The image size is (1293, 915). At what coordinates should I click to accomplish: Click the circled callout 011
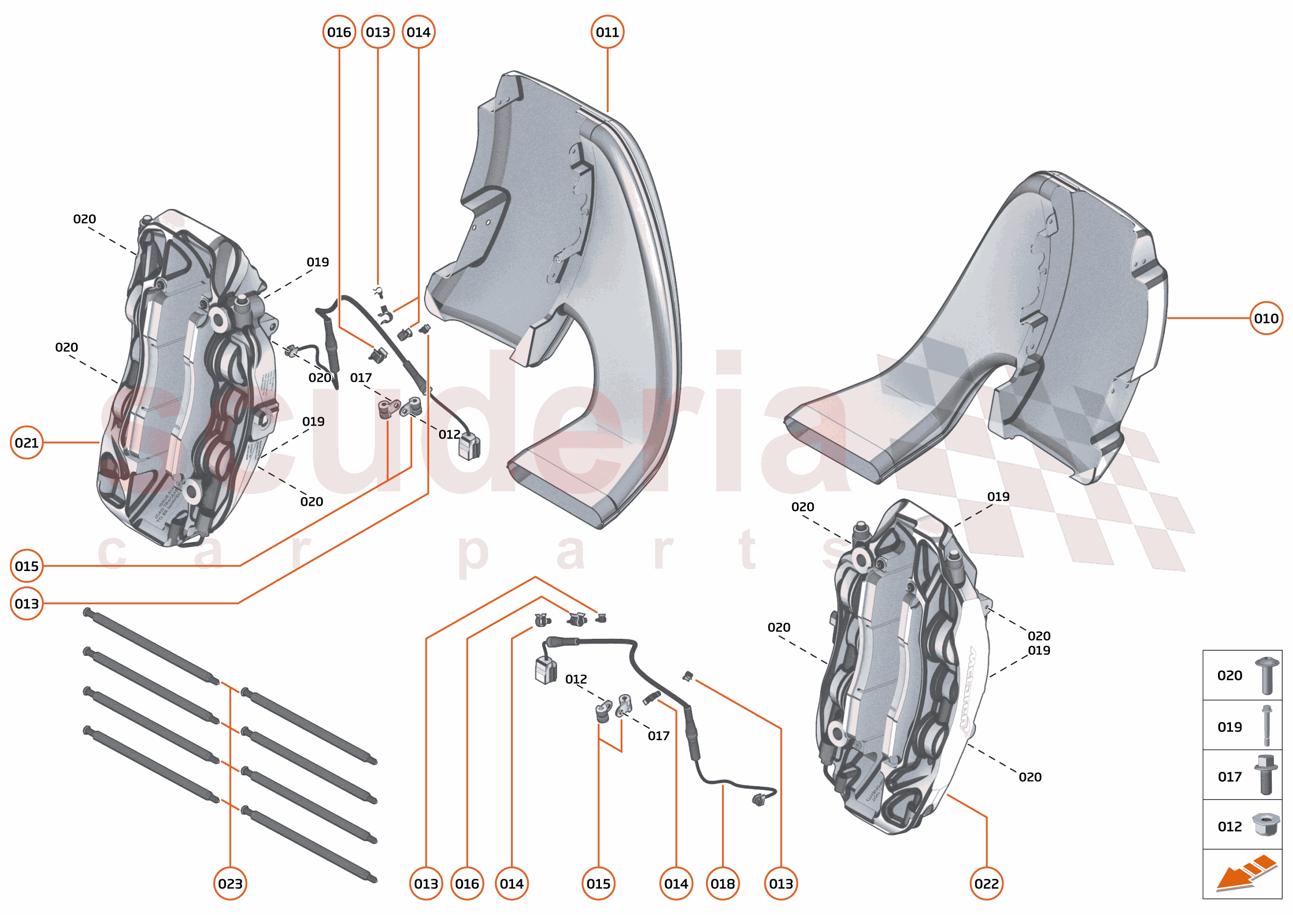(x=607, y=32)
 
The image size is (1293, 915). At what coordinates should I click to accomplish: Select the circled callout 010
(x=1266, y=318)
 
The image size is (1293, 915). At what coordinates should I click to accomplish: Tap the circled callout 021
(x=26, y=443)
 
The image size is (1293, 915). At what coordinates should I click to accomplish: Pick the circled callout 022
(x=986, y=883)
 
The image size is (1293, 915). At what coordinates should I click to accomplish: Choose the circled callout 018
(x=723, y=883)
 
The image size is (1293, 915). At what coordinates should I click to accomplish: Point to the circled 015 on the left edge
(x=26, y=566)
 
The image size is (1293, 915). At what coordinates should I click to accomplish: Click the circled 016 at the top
(x=339, y=32)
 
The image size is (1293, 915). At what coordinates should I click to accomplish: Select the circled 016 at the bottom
(x=467, y=883)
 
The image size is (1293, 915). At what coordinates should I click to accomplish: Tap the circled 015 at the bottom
(x=598, y=883)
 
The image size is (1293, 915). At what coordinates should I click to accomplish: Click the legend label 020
(x=1229, y=676)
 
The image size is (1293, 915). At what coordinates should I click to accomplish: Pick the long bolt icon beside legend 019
(x=1267, y=726)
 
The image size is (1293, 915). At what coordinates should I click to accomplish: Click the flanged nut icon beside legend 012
(x=1266, y=825)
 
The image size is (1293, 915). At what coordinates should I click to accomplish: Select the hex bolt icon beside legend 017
(x=1266, y=775)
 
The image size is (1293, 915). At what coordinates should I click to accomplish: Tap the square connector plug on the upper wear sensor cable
(x=469, y=447)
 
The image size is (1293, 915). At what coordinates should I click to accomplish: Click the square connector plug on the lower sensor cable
(x=545, y=670)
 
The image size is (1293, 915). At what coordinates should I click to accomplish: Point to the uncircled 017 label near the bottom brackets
(x=658, y=736)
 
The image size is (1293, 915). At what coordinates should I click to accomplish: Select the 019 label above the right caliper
(x=998, y=497)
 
